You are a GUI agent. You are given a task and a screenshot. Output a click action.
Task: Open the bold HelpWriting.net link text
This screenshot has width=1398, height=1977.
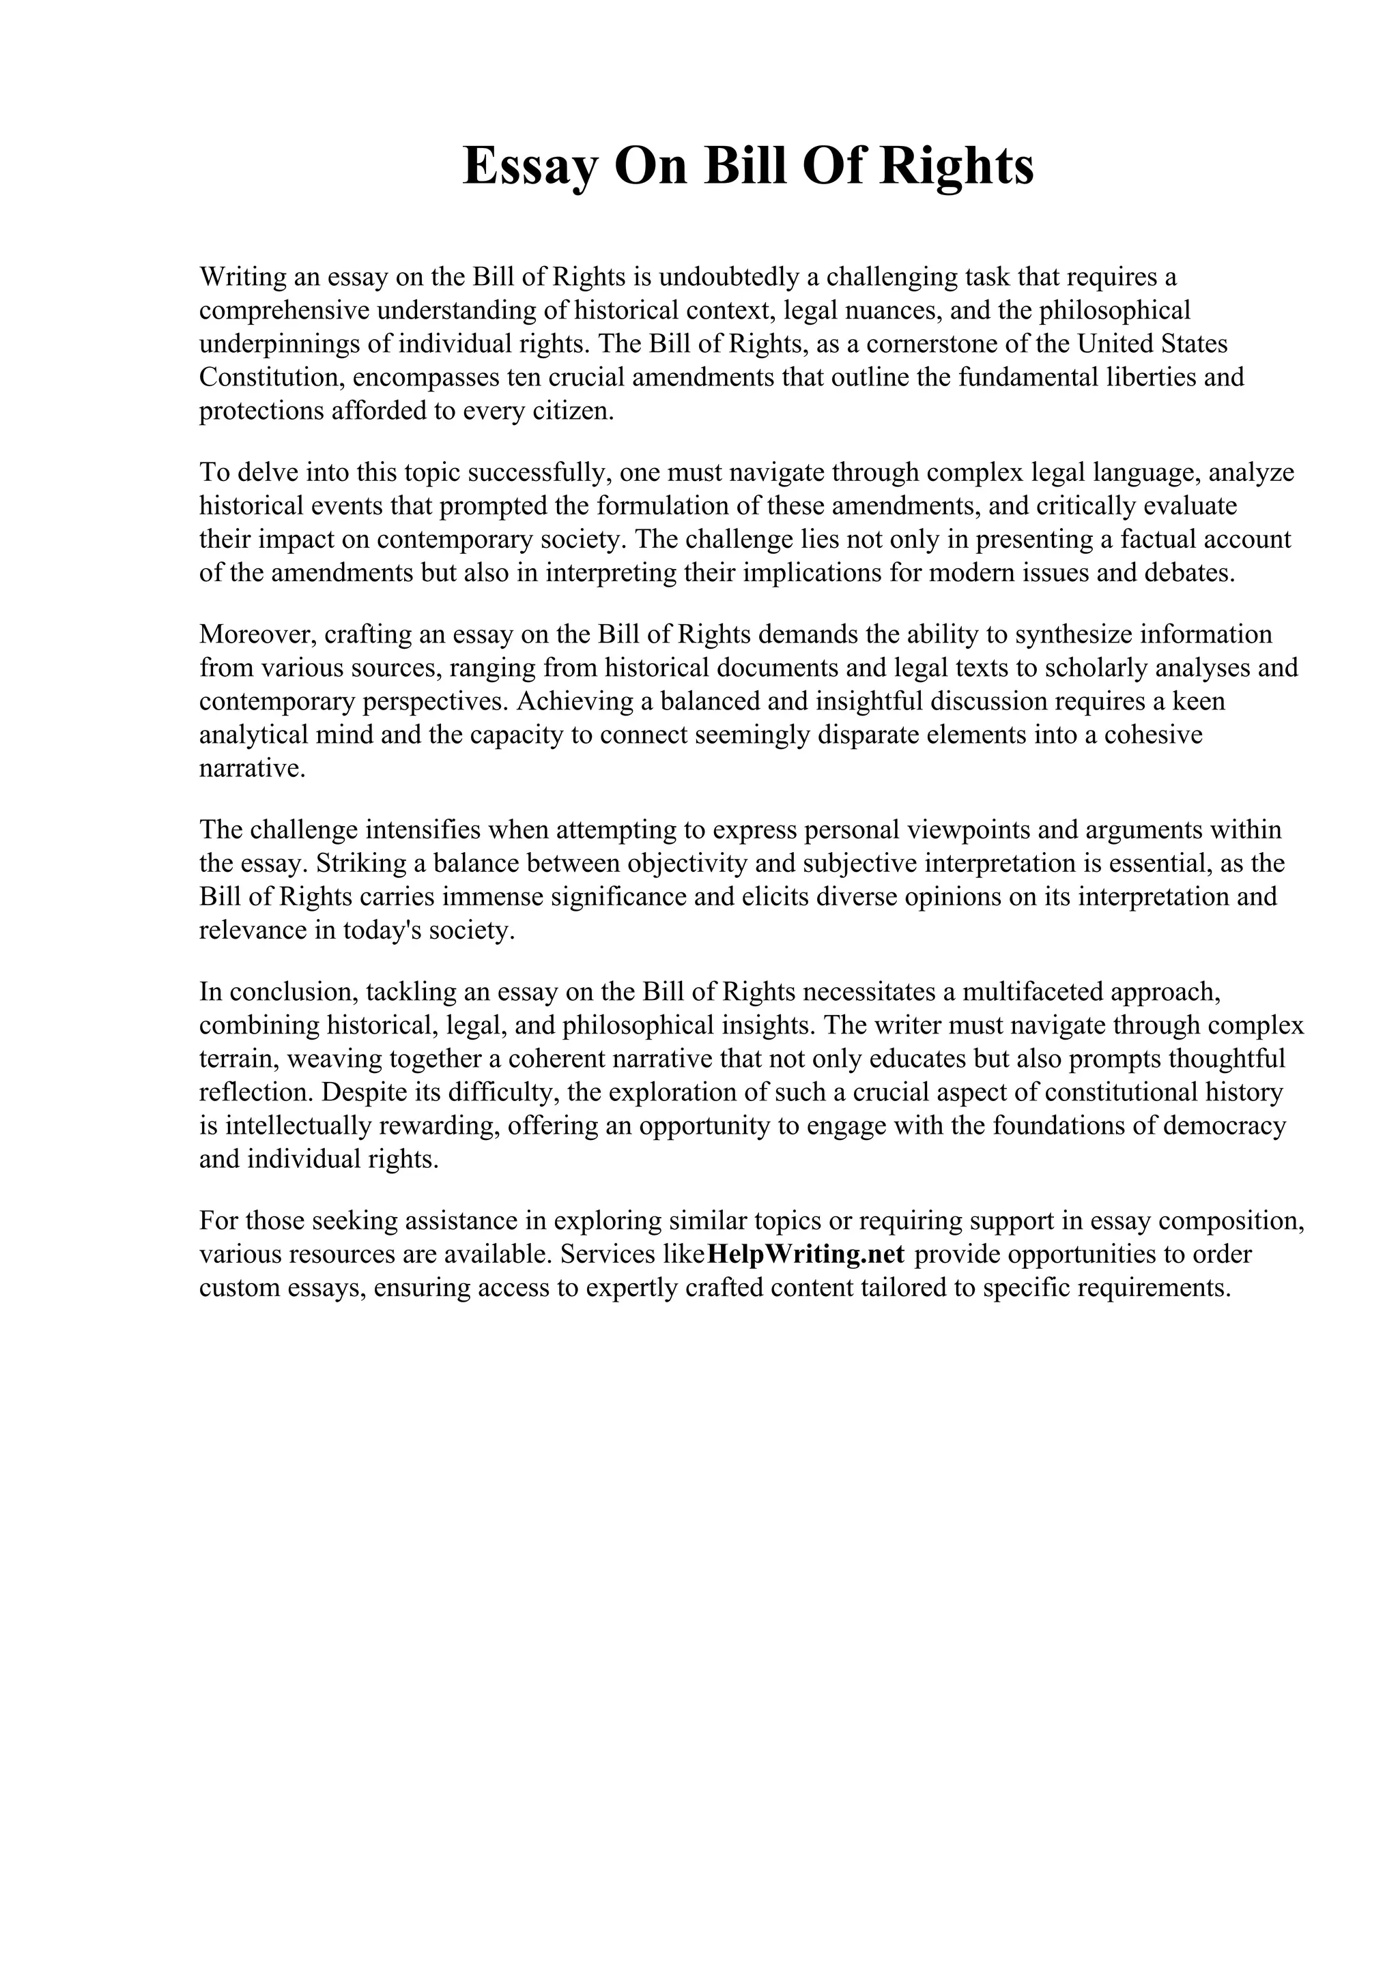[x=805, y=1255]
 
